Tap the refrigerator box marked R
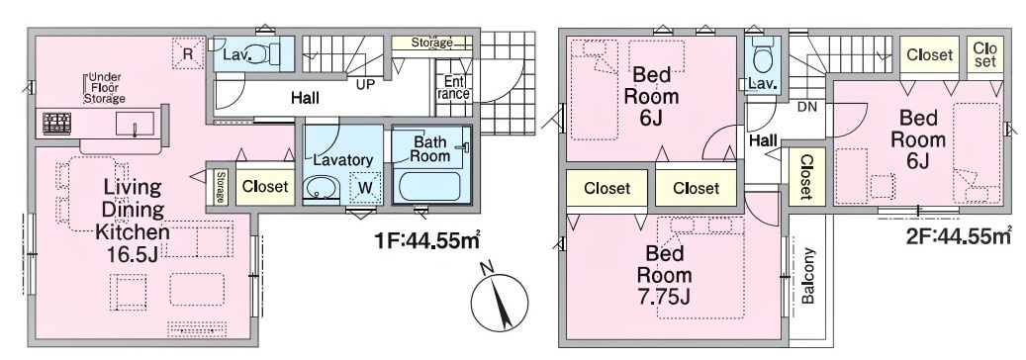point(187,53)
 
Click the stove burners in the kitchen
point(57,123)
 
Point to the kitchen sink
point(135,123)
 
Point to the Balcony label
point(808,276)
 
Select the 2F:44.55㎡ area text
point(959,235)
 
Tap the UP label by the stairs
point(366,84)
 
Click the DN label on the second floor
point(807,108)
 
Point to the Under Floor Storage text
point(105,88)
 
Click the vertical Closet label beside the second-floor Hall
point(803,176)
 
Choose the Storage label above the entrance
point(431,43)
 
